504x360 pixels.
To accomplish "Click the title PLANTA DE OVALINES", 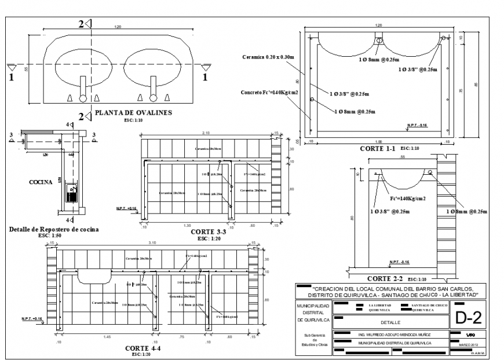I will [133, 113].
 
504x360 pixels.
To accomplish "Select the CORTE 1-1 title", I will [378, 148].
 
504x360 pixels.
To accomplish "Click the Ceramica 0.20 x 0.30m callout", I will [269, 57].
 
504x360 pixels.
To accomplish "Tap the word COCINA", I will [41, 182].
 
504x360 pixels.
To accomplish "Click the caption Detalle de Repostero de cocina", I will [54, 229].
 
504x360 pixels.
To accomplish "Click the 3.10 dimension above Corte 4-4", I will [151, 241].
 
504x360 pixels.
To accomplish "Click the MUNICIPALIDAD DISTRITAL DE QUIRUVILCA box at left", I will [313, 313].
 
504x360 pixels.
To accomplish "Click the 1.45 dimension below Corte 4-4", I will [107, 336].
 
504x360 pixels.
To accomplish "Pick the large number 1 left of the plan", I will [11, 75].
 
